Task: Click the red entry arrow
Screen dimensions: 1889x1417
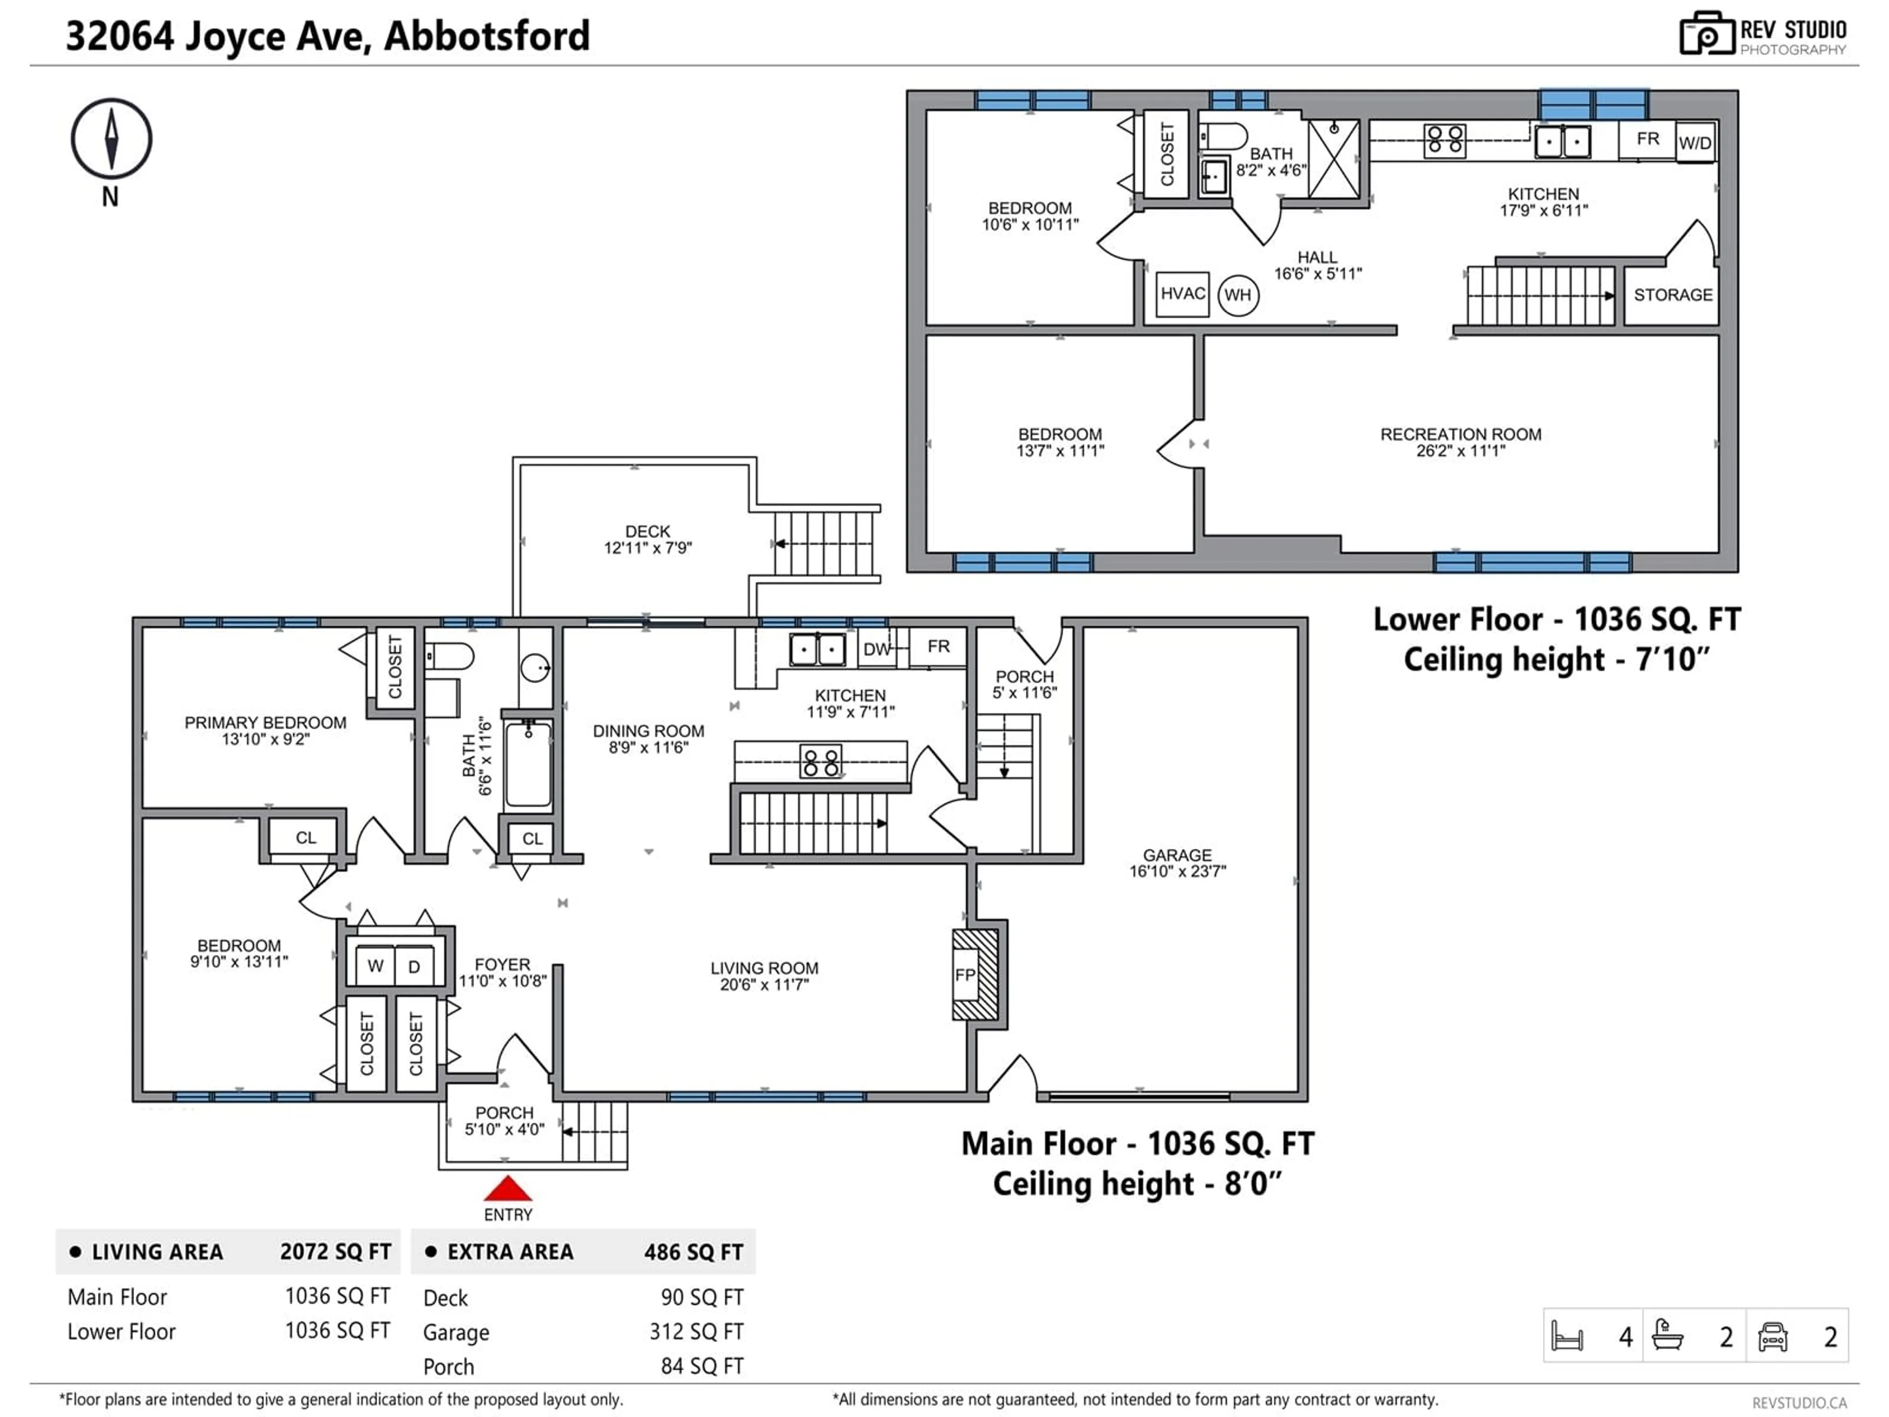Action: pyautogui.click(x=508, y=1188)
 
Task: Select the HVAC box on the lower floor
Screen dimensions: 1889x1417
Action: pyautogui.click(x=1183, y=294)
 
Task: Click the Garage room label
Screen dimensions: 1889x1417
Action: pyautogui.click(x=1178, y=863)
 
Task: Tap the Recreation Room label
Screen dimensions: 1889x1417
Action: pyautogui.click(x=1461, y=442)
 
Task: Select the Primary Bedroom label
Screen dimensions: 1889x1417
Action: pyautogui.click(x=266, y=730)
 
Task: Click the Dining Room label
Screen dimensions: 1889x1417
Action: pyautogui.click(x=649, y=739)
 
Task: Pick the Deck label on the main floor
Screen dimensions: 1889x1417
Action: pyautogui.click(x=648, y=539)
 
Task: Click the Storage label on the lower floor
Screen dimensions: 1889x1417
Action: pyautogui.click(x=1673, y=295)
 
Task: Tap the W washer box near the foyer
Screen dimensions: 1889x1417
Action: pyautogui.click(x=375, y=966)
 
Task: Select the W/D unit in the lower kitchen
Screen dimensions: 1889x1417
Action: pyautogui.click(x=1695, y=143)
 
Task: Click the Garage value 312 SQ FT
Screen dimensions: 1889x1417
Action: pyautogui.click(x=696, y=1331)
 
